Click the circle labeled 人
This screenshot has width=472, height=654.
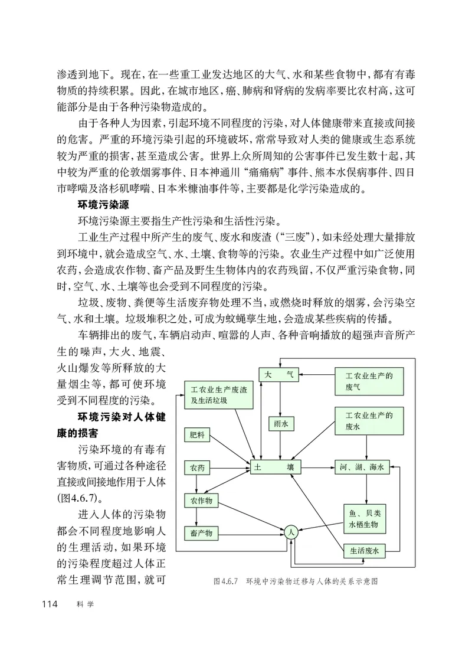(290, 532)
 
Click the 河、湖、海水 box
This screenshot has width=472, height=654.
(362, 467)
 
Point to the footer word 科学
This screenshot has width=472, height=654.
(85, 604)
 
